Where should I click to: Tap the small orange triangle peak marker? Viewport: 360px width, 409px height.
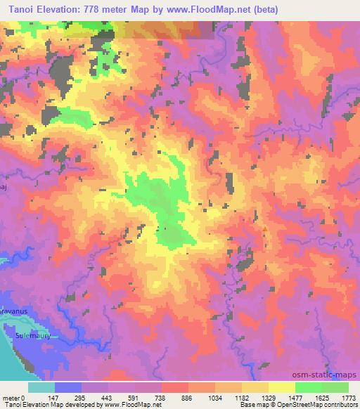point(264,228)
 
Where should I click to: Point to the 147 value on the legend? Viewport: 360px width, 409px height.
point(55,398)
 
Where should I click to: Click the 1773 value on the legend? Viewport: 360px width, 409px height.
point(348,398)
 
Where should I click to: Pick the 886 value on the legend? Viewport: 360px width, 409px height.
point(188,398)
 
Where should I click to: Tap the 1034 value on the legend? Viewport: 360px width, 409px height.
point(214,398)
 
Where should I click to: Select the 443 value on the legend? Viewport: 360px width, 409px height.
point(108,398)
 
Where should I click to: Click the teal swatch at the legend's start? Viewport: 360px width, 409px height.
point(41,387)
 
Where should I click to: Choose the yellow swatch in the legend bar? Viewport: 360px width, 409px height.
point(281,387)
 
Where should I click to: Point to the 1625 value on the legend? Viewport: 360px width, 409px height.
point(321,398)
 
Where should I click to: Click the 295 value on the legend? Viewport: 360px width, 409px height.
point(81,398)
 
